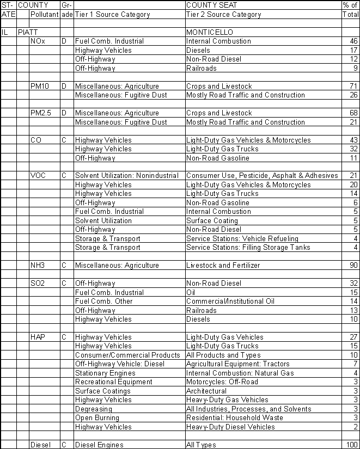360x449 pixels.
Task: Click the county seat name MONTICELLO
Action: click(x=208, y=33)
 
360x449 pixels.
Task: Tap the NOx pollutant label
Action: click(x=38, y=41)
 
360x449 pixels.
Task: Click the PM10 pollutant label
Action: click(x=40, y=86)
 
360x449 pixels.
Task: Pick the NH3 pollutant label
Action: click(x=39, y=266)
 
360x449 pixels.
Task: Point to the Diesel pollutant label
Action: click(x=41, y=445)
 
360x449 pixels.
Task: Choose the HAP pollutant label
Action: click(x=38, y=337)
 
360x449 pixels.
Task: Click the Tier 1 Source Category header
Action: click(x=112, y=15)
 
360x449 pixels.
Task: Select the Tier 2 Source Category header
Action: click(x=223, y=15)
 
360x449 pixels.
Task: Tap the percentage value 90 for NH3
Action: click(x=353, y=266)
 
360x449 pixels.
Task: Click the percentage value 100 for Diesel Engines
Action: click(x=351, y=445)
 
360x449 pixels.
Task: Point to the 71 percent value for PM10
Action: click(x=353, y=86)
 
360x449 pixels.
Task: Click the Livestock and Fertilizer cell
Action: click(x=223, y=266)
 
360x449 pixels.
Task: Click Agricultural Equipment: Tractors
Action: click(x=237, y=364)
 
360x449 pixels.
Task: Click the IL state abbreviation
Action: click(x=5, y=33)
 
